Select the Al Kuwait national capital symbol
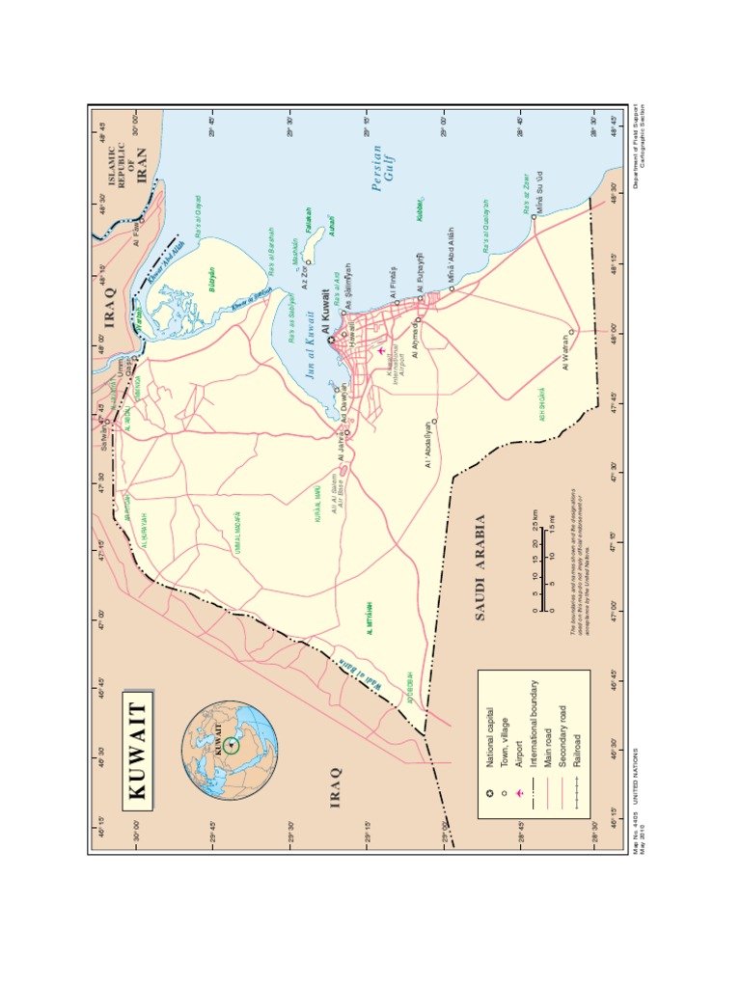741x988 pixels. [x=331, y=340]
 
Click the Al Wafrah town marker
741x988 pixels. [x=571, y=332]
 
